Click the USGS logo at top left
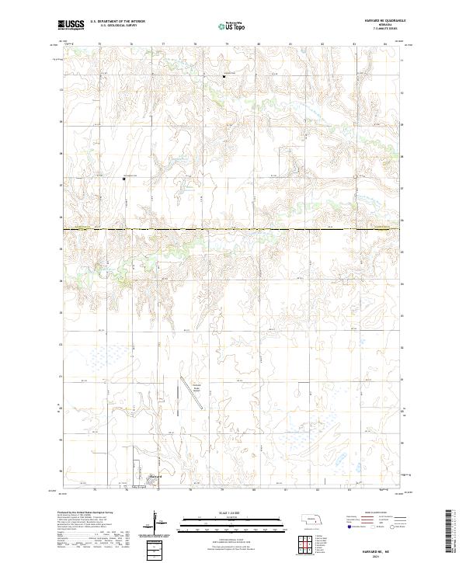click(x=71, y=25)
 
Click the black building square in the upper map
click(x=224, y=76)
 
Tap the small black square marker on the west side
click(x=123, y=179)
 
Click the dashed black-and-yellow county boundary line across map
click(x=233, y=229)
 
